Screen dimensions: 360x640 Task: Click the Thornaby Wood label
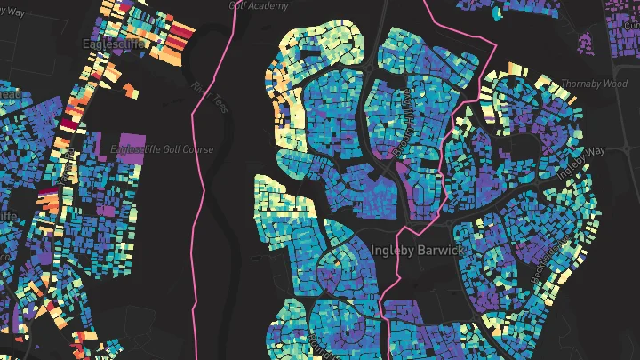(x=594, y=84)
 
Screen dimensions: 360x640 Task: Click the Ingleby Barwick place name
(x=417, y=251)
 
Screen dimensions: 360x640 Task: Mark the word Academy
(x=273, y=5)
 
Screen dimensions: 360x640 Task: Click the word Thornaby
(x=580, y=84)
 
